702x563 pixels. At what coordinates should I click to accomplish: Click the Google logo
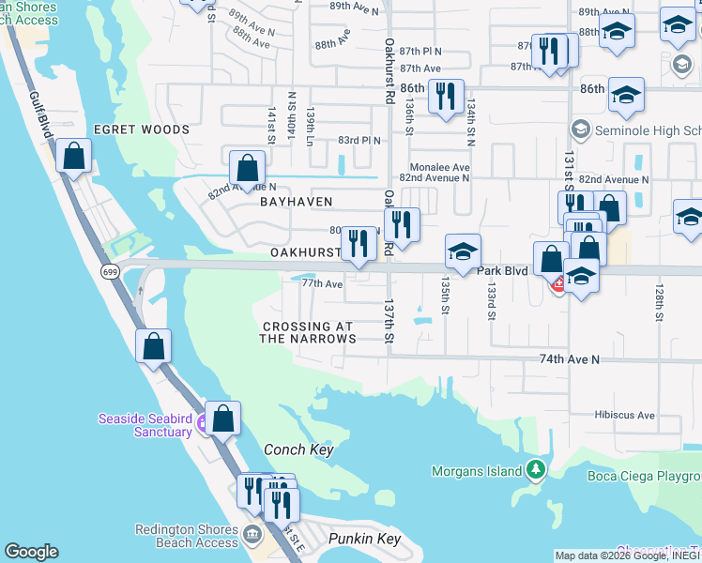(31, 552)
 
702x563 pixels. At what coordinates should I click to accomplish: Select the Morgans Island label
(478, 471)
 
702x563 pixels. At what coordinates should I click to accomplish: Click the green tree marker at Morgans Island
(535, 467)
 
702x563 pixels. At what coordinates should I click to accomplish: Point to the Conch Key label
(298, 450)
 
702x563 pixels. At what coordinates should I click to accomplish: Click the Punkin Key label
(364, 539)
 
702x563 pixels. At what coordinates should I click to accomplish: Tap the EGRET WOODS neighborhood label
(141, 129)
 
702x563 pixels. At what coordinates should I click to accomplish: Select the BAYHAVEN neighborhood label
(298, 202)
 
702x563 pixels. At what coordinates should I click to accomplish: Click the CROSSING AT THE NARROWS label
(308, 332)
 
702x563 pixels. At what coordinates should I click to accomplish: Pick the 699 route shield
(110, 270)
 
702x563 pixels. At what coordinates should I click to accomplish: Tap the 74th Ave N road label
(569, 359)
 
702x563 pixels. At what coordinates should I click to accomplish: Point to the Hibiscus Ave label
(624, 414)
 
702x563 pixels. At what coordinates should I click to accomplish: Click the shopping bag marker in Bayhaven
(247, 169)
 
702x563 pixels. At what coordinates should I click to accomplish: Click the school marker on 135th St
(463, 251)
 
